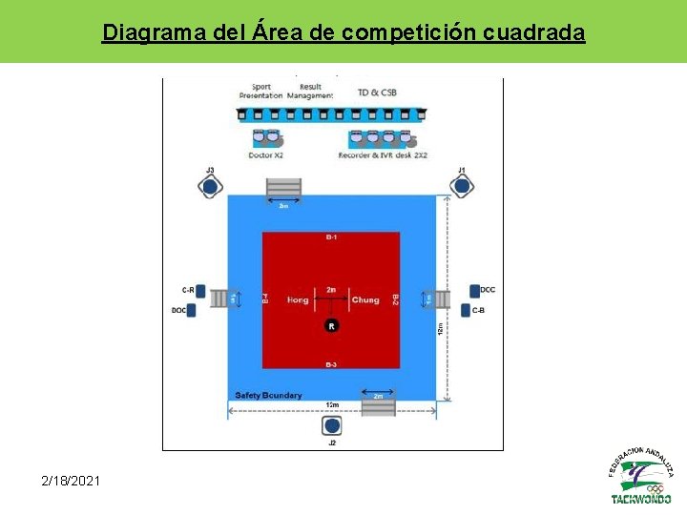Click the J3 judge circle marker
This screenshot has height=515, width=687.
211,188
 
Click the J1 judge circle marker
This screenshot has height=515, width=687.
462,187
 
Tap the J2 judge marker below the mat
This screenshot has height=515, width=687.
331,426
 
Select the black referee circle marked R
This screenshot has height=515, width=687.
331,326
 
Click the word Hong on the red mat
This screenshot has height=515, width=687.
298,299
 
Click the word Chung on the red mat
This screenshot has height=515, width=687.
365,299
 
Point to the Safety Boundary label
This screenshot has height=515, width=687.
268,395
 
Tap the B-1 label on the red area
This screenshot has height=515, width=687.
331,237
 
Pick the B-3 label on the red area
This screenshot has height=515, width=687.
331,364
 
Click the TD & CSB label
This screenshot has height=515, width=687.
377,93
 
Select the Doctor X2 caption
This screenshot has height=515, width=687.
265,154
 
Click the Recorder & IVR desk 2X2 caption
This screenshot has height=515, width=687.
383,154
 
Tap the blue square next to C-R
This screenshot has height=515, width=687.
200,291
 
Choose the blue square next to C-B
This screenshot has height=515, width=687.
465,310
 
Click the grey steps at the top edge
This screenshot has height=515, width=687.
283,189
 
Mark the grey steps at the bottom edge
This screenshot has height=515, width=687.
378,406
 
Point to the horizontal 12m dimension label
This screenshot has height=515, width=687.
331,405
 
